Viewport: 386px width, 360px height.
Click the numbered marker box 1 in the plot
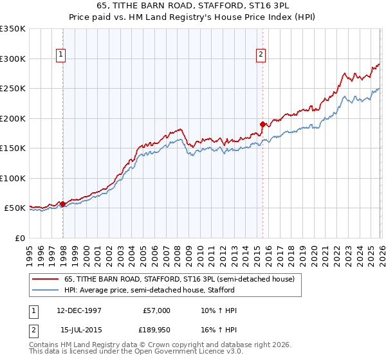pyautogui.click(x=60, y=55)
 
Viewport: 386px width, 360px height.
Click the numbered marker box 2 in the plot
pyautogui.click(x=261, y=55)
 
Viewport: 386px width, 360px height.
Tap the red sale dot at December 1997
pyautogui.click(x=62, y=204)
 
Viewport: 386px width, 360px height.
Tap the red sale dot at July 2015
pyautogui.click(x=262, y=124)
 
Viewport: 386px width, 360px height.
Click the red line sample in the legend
pyautogui.click(x=46, y=279)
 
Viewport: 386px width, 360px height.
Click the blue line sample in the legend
pyautogui.click(x=46, y=290)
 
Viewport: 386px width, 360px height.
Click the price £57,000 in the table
pyautogui.click(x=156, y=310)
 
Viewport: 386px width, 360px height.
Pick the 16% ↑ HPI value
pyautogui.click(x=219, y=329)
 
